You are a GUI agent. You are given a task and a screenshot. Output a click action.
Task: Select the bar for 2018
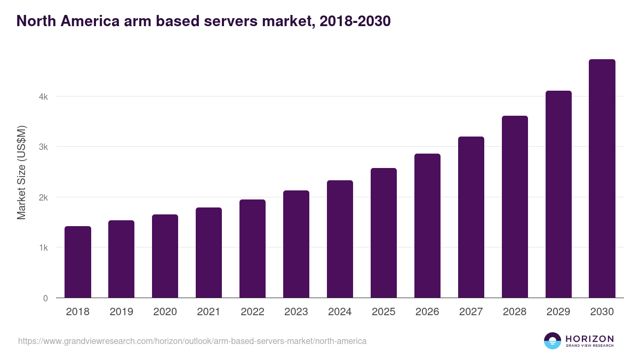78,262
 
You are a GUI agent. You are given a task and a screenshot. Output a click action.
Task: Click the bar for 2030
602,179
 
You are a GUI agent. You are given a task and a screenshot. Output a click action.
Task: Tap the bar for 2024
340,239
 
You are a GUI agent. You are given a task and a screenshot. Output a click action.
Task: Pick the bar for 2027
471,217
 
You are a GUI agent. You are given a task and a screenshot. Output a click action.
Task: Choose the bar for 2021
209,253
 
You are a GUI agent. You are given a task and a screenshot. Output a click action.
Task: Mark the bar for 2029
558,194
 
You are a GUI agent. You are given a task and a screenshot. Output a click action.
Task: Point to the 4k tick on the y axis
43,97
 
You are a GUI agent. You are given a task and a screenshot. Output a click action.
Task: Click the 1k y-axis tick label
43,248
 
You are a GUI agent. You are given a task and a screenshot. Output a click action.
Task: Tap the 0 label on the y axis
45,298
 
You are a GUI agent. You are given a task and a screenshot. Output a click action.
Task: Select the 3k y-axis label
43,147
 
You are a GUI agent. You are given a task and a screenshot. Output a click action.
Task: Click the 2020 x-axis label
165,312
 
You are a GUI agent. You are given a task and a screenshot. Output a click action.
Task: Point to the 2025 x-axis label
383,312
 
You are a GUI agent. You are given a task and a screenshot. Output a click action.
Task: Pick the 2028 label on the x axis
515,312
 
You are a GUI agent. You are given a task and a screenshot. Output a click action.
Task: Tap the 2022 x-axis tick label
252,312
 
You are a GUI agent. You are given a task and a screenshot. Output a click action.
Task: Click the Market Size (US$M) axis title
21,172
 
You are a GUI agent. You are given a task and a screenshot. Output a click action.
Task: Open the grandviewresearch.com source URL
193,341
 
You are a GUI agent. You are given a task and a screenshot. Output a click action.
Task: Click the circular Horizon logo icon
552,341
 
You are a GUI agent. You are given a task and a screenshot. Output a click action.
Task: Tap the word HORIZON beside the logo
589,338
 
